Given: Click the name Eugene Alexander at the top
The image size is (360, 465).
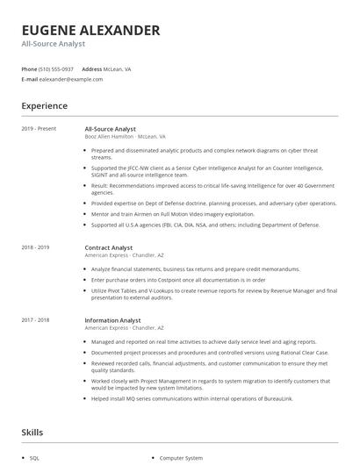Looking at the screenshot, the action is (x=90, y=31).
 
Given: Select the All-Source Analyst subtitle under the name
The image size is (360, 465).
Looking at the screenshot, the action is (x=54, y=44).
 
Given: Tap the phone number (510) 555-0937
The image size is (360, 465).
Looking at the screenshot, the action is (x=57, y=68).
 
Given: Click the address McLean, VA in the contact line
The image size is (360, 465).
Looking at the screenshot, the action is (x=119, y=68).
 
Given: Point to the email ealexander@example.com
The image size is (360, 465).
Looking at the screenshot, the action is (x=71, y=79).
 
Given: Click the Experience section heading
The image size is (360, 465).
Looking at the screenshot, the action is (x=45, y=106).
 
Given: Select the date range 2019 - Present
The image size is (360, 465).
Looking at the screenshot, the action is (x=39, y=129).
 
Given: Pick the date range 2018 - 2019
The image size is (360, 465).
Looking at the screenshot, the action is (x=35, y=248).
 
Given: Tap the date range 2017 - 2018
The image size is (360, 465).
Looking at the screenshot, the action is (x=35, y=320).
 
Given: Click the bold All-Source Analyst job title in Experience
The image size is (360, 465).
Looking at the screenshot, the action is (x=110, y=129).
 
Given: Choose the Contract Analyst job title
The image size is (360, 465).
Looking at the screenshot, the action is (x=109, y=248).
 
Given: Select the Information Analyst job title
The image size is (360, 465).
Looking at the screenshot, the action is (x=113, y=320).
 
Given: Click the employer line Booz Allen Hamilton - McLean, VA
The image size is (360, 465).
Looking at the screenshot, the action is (x=125, y=137).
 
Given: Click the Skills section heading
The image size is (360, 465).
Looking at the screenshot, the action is (x=32, y=433).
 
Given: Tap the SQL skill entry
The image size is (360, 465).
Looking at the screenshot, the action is (x=35, y=458).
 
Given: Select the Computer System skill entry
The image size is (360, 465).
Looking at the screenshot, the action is (x=183, y=458).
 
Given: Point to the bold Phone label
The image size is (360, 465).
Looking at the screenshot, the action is (x=29, y=68).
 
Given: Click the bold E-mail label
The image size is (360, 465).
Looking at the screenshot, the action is (x=30, y=79).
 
